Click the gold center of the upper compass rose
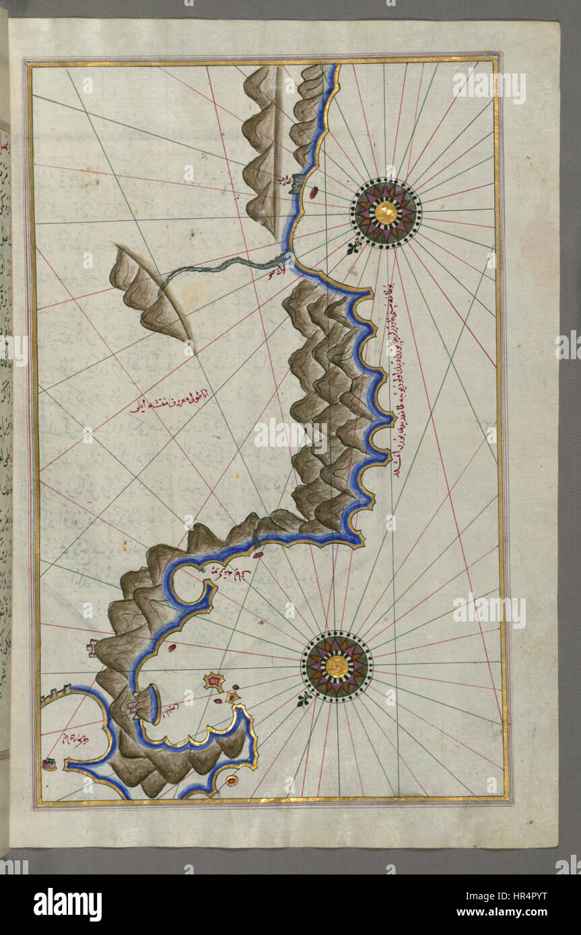386,213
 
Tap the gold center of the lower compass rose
337,666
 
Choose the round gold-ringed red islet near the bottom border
232,780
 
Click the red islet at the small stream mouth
258,555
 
